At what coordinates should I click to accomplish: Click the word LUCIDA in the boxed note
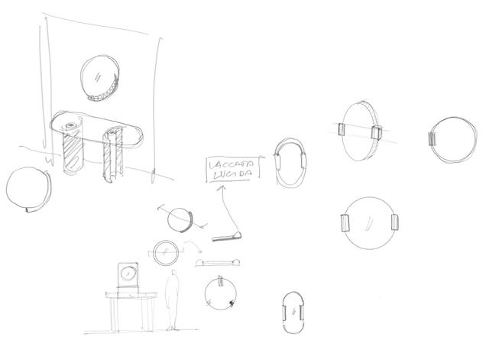pyautogui.click(x=232, y=175)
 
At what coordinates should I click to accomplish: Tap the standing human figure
pyautogui.click(x=172, y=300)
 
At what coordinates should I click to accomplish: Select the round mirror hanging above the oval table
pyautogui.click(x=100, y=78)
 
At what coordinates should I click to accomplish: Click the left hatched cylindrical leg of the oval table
pyautogui.click(x=73, y=148)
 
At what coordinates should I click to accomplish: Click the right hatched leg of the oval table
pyautogui.click(x=112, y=154)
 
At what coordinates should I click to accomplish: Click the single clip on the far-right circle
pyautogui.click(x=432, y=139)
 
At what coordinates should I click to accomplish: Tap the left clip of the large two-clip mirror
pyautogui.click(x=345, y=223)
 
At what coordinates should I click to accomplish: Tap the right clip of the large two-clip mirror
pyautogui.click(x=395, y=222)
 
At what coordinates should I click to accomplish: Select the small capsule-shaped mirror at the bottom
pyautogui.click(x=293, y=313)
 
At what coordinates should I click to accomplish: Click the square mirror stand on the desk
pyautogui.click(x=128, y=275)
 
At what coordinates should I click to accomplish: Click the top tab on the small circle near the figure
pyautogui.click(x=221, y=281)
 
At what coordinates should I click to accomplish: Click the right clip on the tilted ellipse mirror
pyautogui.click(x=377, y=132)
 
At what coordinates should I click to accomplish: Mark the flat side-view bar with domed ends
pyautogui.click(x=218, y=263)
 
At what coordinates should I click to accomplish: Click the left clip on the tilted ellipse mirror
pyautogui.click(x=342, y=129)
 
